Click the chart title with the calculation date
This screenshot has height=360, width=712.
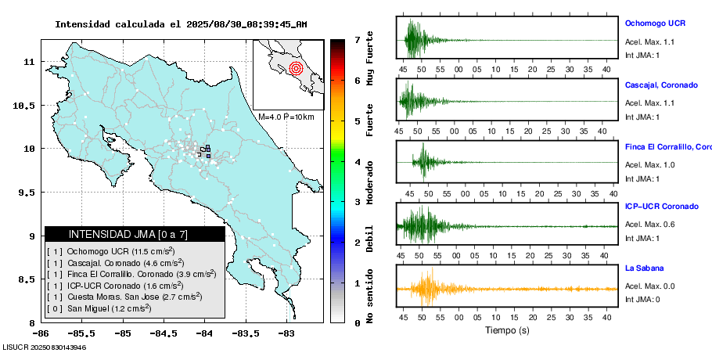point(181,24)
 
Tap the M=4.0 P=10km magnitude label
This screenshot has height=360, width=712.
point(286,117)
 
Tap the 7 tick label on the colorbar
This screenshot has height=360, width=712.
point(357,39)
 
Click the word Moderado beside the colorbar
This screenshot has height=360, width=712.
point(369,182)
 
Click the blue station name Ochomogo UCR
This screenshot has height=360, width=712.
point(656,24)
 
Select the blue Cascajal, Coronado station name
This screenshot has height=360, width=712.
point(661,85)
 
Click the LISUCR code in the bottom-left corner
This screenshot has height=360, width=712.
point(44,347)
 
